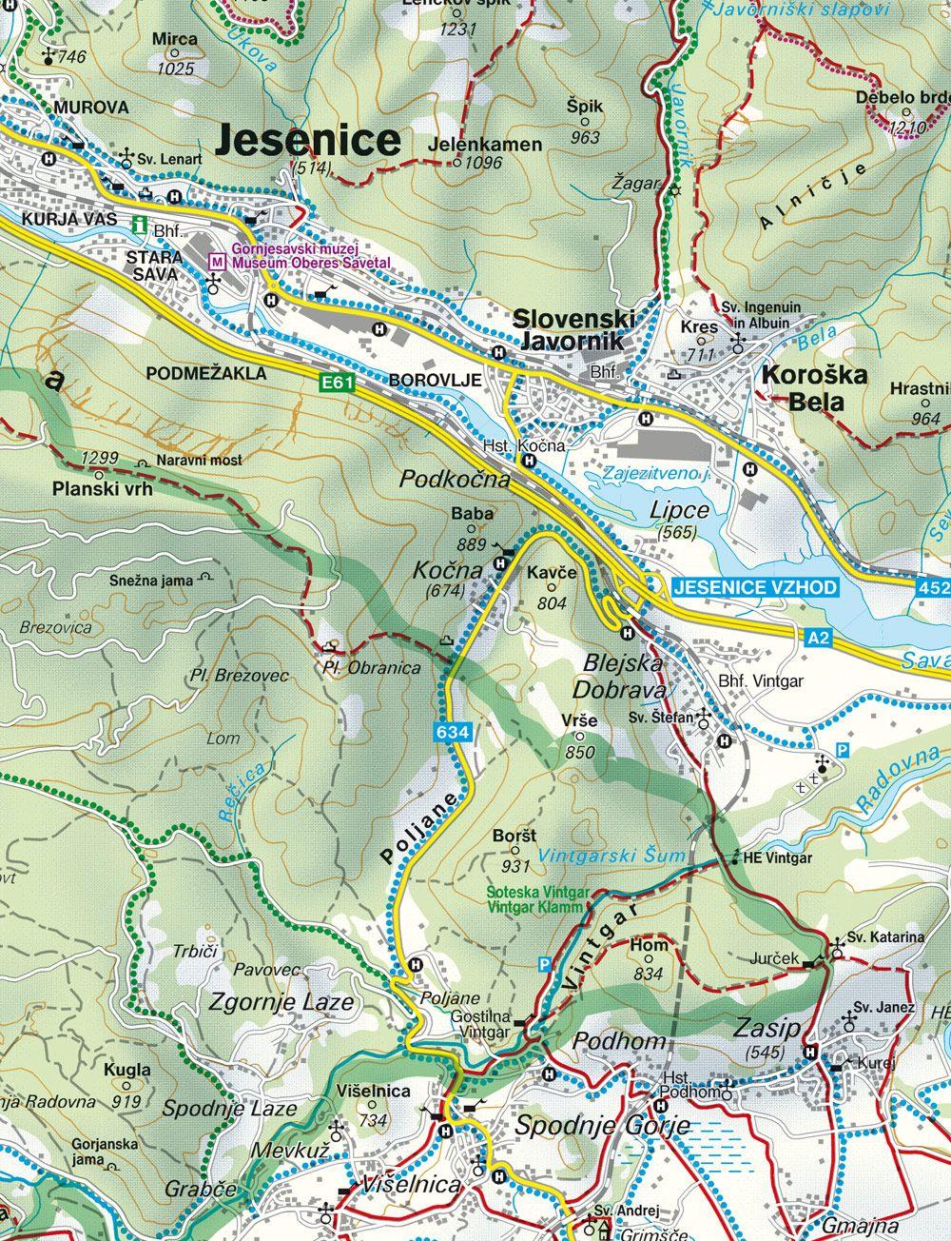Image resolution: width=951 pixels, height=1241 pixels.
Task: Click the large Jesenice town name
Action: (x=308, y=139)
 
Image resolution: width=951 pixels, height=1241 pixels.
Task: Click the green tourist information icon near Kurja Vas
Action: (x=140, y=226)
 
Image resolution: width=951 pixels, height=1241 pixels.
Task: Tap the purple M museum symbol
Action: (x=219, y=259)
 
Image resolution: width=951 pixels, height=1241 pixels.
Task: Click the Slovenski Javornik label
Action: (x=570, y=329)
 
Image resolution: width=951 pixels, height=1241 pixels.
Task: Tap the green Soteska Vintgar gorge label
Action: (x=538, y=899)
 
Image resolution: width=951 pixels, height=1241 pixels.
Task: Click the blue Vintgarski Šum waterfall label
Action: (x=611, y=856)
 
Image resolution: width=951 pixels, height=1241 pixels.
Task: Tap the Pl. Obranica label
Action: (x=371, y=668)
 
